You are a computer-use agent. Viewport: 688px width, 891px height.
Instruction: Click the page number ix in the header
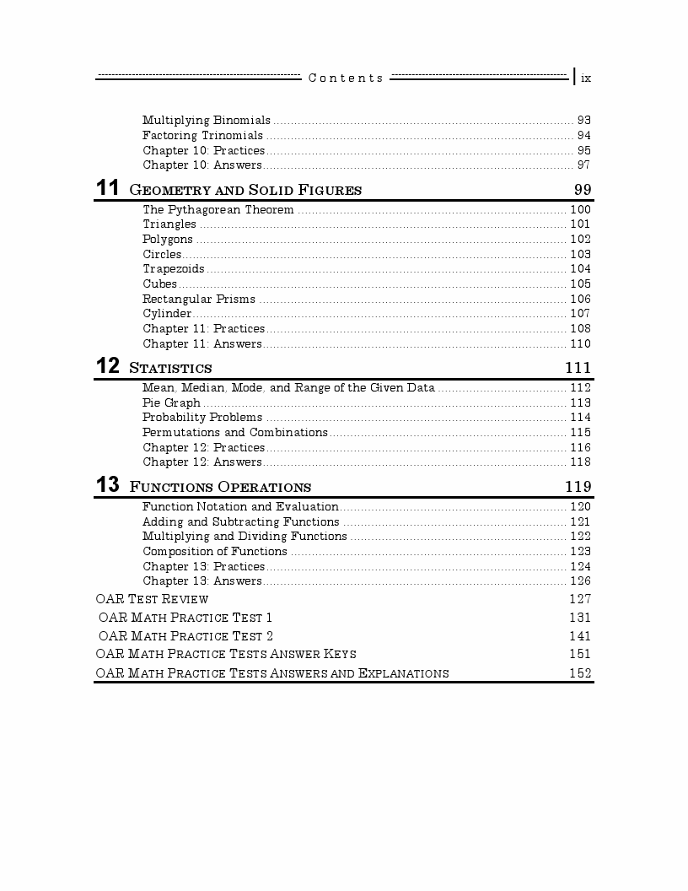pos(586,78)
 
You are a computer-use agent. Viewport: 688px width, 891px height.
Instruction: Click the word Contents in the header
pos(346,78)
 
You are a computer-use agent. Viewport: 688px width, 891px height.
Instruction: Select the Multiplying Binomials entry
pos(207,121)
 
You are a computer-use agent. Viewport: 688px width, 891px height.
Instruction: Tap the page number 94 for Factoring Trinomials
pos(583,136)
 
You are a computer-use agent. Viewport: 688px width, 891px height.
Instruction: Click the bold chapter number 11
pos(108,188)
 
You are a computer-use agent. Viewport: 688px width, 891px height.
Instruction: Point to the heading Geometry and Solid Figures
pos(245,190)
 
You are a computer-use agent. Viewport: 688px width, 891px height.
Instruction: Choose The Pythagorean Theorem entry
pos(218,210)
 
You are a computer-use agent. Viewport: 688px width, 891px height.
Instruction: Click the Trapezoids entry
pos(173,269)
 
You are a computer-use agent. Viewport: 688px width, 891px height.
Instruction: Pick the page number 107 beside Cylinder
pos(580,314)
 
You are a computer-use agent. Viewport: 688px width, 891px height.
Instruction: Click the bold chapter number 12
pos(108,366)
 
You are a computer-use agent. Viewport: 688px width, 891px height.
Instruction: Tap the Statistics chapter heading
pos(170,368)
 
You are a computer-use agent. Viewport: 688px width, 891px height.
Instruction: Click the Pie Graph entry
pos(171,403)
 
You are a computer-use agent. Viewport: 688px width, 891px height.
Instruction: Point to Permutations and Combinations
pos(234,433)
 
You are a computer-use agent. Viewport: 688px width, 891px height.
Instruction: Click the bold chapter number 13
pos(108,485)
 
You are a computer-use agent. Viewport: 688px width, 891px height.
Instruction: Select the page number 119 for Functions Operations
pos(578,487)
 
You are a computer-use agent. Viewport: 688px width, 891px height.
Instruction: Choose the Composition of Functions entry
pos(215,552)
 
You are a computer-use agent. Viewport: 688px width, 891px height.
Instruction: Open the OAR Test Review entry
pos(153,599)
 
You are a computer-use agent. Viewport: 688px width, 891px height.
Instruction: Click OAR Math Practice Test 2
pos(185,636)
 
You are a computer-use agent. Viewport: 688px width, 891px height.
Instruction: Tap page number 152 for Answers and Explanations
pos(580,673)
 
